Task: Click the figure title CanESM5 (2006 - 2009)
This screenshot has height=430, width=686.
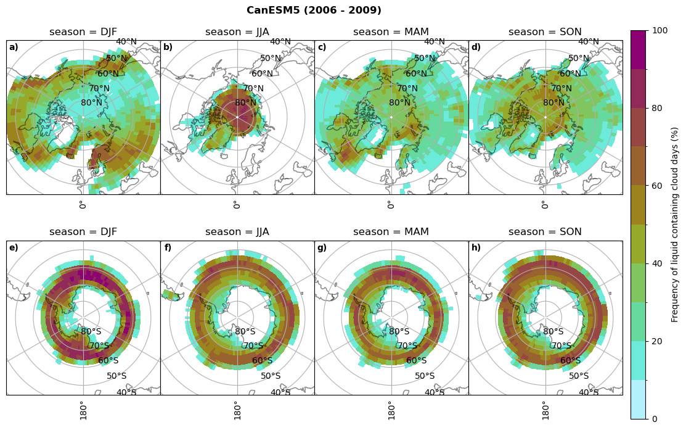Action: pos(314,10)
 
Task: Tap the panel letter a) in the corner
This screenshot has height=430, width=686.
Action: pos(14,48)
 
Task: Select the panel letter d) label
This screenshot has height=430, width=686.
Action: pos(476,48)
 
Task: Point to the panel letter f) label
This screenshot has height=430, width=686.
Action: pos(168,248)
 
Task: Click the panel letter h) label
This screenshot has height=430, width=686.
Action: pos(476,248)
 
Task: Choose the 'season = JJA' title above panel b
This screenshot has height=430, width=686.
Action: pos(237,32)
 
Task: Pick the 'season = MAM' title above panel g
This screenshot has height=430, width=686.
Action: pos(391,232)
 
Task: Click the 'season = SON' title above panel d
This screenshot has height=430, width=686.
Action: pos(545,32)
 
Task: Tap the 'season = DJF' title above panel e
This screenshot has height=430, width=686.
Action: pos(83,232)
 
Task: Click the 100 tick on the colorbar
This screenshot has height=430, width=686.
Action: pos(660,31)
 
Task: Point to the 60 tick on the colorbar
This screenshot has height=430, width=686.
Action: pos(658,186)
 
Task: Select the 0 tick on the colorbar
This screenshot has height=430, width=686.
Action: pos(655,420)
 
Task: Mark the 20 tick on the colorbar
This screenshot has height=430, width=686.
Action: pos(658,342)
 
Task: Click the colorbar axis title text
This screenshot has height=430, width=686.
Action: pos(675,225)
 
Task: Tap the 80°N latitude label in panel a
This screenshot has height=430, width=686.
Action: pos(91,103)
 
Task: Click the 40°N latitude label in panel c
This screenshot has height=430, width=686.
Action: pos(434,42)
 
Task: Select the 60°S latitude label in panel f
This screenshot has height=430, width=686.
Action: pos(263,361)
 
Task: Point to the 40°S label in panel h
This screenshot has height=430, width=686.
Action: pos(589,392)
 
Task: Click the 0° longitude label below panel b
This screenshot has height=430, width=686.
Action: pos(237,204)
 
